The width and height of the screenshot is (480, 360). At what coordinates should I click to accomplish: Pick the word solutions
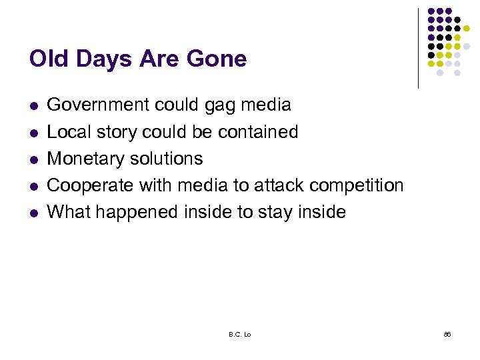[x=169, y=159]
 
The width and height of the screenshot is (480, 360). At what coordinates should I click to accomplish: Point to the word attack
[x=269, y=185]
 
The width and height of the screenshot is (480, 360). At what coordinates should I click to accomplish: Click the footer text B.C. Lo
[x=239, y=334]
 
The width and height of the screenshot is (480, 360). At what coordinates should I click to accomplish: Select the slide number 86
[x=447, y=334]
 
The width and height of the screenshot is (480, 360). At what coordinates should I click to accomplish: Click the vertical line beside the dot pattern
[x=418, y=48]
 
